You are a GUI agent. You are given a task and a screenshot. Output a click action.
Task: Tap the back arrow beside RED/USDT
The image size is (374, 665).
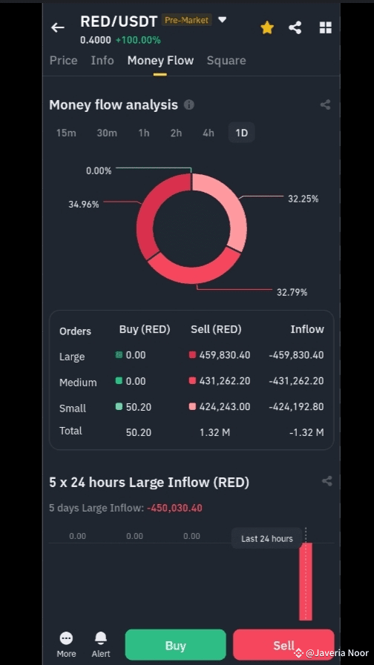coord(58,27)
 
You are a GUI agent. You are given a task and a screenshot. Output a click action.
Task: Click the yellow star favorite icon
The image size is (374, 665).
coord(267,27)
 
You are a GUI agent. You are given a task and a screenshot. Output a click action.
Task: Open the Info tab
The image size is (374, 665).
coord(102,61)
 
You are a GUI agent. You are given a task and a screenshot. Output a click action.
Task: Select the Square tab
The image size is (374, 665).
coord(226,61)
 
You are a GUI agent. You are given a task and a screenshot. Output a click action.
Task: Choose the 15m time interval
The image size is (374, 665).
coord(66,133)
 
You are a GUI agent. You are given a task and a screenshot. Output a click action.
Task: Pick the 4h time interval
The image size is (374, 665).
coord(209,133)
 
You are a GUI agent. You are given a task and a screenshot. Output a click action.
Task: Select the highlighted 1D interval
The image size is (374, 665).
coord(241,133)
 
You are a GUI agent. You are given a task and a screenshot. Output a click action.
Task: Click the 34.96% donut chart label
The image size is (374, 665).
coord(84,205)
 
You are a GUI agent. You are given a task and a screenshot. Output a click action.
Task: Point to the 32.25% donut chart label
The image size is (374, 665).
coord(303,199)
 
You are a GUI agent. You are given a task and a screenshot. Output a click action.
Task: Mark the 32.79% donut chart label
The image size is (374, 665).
coord(292,292)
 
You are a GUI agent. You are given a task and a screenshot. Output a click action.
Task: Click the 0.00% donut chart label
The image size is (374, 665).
coord(99,171)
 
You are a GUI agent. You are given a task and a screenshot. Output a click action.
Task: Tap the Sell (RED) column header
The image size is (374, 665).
coord(216,330)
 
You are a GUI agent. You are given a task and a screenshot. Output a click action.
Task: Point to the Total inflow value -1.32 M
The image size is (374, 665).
coord(309,432)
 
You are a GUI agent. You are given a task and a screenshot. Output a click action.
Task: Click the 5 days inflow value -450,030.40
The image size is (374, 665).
coord(174,508)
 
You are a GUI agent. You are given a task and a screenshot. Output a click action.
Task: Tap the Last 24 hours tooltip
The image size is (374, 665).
coord(266,539)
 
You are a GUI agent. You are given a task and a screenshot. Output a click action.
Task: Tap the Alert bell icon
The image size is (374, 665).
coord(101,643)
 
